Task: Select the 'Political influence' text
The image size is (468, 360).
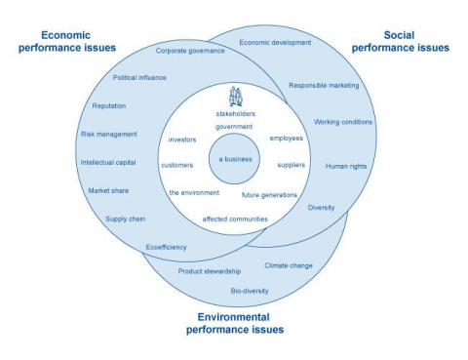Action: click(x=139, y=77)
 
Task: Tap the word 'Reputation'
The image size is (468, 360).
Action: click(x=109, y=105)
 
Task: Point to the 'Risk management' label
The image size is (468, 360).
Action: click(x=108, y=134)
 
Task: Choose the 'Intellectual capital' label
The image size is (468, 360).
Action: click(x=108, y=162)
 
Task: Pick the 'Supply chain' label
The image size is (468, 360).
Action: click(x=127, y=219)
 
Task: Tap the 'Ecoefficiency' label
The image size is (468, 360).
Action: click(x=166, y=247)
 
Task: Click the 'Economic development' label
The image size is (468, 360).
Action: click(x=275, y=43)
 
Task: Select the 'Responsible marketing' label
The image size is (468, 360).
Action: click(x=324, y=85)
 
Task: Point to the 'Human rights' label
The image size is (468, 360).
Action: click(x=346, y=166)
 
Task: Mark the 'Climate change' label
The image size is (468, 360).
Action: click(x=289, y=264)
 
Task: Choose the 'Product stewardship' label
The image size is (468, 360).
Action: click(x=209, y=270)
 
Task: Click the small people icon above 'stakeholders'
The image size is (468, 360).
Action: click(x=234, y=97)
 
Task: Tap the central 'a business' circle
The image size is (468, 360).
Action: click(x=234, y=159)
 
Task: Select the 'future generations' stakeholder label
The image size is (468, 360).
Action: click(x=269, y=195)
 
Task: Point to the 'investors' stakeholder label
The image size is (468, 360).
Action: click(x=183, y=139)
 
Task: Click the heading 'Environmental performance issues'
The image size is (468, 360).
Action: click(x=235, y=323)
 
